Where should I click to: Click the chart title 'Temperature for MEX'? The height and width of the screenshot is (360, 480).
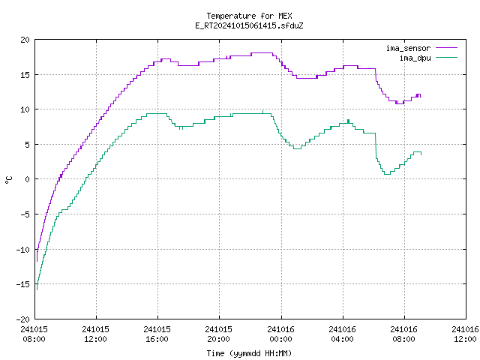(x=249, y=16)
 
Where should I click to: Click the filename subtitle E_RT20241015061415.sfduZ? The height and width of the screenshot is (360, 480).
(x=249, y=25)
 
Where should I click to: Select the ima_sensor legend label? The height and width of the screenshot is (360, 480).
(x=408, y=48)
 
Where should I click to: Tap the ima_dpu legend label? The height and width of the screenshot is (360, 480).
(x=415, y=58)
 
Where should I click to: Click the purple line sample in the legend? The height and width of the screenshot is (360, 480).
(x=447, y=48)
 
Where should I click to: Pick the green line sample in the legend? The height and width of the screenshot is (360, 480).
(x=447, y=58)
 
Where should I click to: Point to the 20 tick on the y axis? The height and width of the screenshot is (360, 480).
(x=25, y=40)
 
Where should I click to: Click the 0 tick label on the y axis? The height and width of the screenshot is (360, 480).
(x=27, y=179)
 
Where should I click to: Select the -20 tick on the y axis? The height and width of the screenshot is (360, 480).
(x=23, y=319)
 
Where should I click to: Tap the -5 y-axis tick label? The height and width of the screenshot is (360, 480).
(x=25, y=214)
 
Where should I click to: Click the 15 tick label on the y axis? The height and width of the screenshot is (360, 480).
(x=25, y=75)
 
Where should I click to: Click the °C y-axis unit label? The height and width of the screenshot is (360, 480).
(x=8, y=180)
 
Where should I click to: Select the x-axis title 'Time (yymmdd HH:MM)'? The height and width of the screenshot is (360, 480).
(x=249, y=353)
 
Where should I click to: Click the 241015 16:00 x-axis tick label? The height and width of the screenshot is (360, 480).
(x=157, y=334)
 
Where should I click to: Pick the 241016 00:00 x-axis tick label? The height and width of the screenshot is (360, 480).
(x=280, y=334)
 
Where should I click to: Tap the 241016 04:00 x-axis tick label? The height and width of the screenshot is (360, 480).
(x=342, y=334)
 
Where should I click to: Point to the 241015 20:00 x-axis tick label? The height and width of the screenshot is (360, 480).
(x=218, y=334)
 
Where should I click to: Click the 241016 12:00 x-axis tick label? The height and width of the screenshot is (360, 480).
(x=465, y=334)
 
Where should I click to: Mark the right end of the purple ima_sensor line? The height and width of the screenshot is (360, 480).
(x=421, y=97)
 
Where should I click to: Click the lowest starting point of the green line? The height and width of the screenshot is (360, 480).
(x=37, y=289)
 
